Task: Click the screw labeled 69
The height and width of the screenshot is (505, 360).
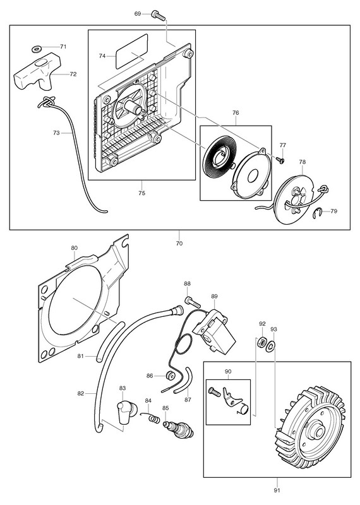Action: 158,15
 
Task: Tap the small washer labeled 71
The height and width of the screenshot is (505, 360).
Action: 37,49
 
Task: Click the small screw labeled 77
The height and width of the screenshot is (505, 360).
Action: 279,159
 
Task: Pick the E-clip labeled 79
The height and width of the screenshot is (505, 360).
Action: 318,213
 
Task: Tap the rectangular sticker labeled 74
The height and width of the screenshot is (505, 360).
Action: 131,52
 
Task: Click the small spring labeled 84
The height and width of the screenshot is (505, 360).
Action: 152,417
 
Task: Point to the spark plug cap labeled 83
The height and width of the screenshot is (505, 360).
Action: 127,413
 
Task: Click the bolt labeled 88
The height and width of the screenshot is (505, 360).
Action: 193,303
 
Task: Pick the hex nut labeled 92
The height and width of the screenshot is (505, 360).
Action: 261,342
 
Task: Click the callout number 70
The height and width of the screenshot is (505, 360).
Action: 179,244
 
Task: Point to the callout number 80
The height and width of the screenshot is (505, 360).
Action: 74,248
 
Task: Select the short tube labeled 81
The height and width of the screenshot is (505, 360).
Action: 111,342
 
